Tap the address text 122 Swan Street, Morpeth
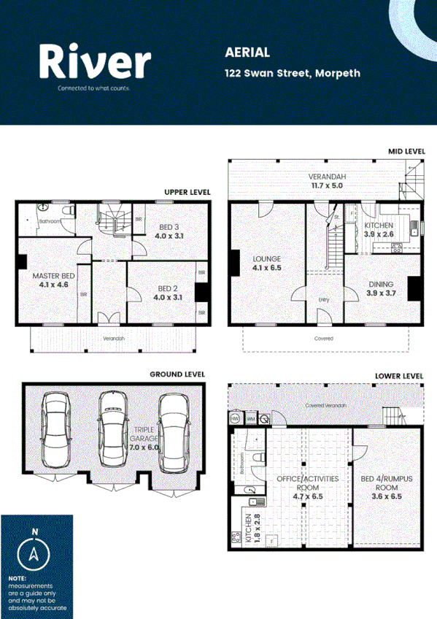coord(292,73)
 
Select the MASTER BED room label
coord(53,280)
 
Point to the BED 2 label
coord(168,293)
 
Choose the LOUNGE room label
coord(266,264)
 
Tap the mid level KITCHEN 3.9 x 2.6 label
coord(379,230)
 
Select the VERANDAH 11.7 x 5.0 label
coord(326,182)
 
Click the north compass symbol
coord(34,552)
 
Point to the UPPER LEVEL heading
coord(187,192)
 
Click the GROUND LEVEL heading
coord(177,374)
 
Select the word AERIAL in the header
coord(247,53)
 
